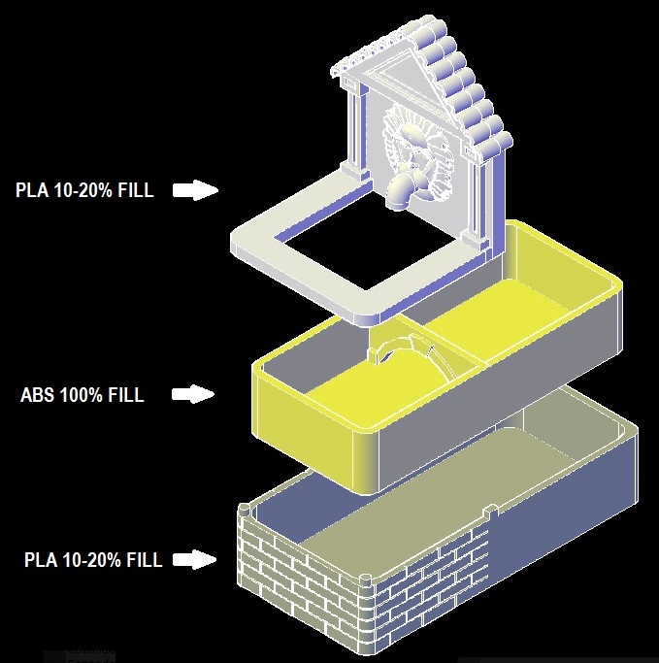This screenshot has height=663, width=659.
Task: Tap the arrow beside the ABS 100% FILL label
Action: tap(193, 394)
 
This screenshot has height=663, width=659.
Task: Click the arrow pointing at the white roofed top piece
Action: tap(195, 190)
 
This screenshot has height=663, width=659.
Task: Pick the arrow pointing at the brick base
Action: tap(194, 559)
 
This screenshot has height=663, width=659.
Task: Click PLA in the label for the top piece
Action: tap(32, 190)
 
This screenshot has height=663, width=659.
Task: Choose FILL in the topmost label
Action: tap(135, 190)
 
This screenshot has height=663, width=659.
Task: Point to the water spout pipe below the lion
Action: tap(400, 192)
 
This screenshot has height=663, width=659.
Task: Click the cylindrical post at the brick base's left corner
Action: tap(245, 511)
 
